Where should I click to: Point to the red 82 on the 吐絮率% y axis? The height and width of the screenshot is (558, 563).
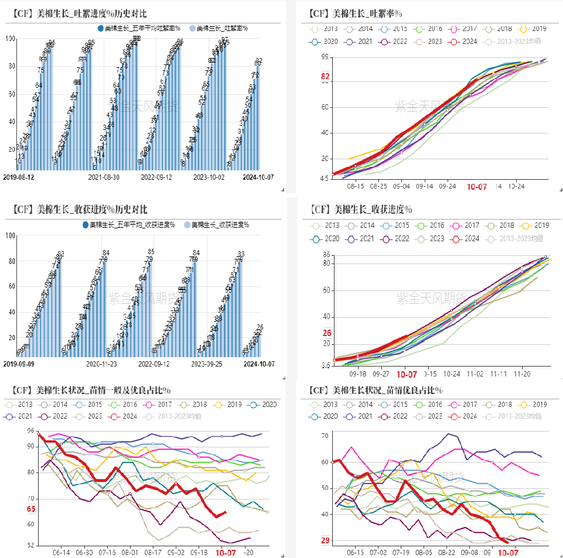pos(325,77)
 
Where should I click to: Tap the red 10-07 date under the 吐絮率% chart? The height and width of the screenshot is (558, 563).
pos(477,187)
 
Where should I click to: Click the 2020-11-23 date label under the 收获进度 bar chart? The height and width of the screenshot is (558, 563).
pos(103,364)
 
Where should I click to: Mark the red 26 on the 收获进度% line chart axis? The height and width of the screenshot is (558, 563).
pos(327,333)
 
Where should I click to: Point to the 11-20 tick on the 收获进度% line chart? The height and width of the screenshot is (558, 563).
pos(523,373)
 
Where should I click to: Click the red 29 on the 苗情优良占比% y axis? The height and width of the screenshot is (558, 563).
pos(325,540)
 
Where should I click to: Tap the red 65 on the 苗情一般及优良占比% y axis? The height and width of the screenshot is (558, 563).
pos(31,509)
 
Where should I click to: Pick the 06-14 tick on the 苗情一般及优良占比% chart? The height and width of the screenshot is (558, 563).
pos(62,552)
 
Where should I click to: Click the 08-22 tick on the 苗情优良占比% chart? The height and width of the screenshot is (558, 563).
pos(447,552)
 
